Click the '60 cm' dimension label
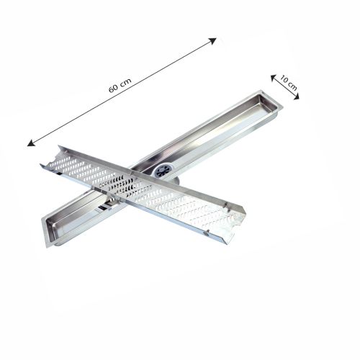click(120, 85)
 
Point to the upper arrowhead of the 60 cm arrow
click(214, 40)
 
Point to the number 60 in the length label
click(114, 89)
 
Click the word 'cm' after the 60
click(125, 81)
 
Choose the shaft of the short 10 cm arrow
click(286, 86)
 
